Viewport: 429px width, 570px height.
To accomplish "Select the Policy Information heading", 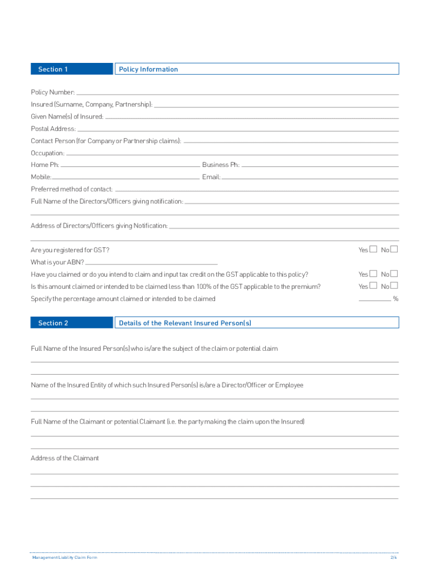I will coord(148,69).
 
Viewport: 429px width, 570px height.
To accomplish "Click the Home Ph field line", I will coord(130,166).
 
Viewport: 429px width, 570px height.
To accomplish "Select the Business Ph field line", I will coord(320,166).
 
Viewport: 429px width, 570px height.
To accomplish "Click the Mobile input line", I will coord(126,178).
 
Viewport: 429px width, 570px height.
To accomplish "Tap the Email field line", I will coord(310,178).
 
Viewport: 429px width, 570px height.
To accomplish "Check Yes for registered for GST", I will coord(373,249).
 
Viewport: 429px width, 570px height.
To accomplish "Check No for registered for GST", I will coord(394,249).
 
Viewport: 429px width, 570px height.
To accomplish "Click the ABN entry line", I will coord(152,263).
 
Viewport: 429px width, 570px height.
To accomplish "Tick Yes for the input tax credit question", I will coord(373,274).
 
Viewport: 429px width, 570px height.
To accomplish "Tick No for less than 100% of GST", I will coord(394,286).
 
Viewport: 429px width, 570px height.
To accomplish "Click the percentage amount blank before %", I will coord(374,299).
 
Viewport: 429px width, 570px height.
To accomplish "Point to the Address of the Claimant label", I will coord(65,458).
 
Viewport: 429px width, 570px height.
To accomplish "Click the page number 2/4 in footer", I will coord(393,557).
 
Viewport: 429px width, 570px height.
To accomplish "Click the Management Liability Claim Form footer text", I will coord(65,557).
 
